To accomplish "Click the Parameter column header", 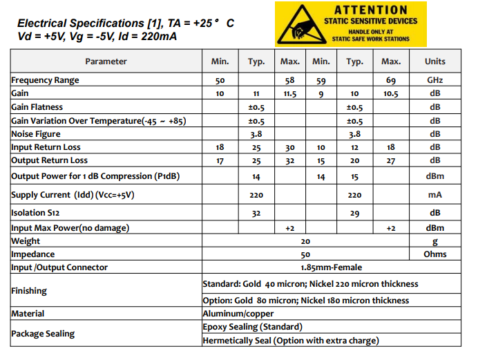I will coord(106,61).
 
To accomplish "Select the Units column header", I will coord(434,61).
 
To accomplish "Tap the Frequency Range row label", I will coord(45,80).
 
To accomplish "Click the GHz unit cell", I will coord(434,80).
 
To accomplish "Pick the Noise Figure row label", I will coord(36,134).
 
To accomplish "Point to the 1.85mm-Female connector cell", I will coord(331,267).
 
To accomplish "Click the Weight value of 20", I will coord(305,241).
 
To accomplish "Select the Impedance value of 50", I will coord(305,254).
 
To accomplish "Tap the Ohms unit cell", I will coord(434,254).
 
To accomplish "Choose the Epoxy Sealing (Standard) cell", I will coord(252,327).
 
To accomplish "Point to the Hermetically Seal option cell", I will coord(291,341).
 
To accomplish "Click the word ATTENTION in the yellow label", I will coord(370,10).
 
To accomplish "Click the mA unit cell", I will coord(434,195).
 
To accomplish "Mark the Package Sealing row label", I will coord(43,334).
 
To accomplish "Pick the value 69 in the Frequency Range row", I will coord(391,80).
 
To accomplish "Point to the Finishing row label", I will coord(29,291).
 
